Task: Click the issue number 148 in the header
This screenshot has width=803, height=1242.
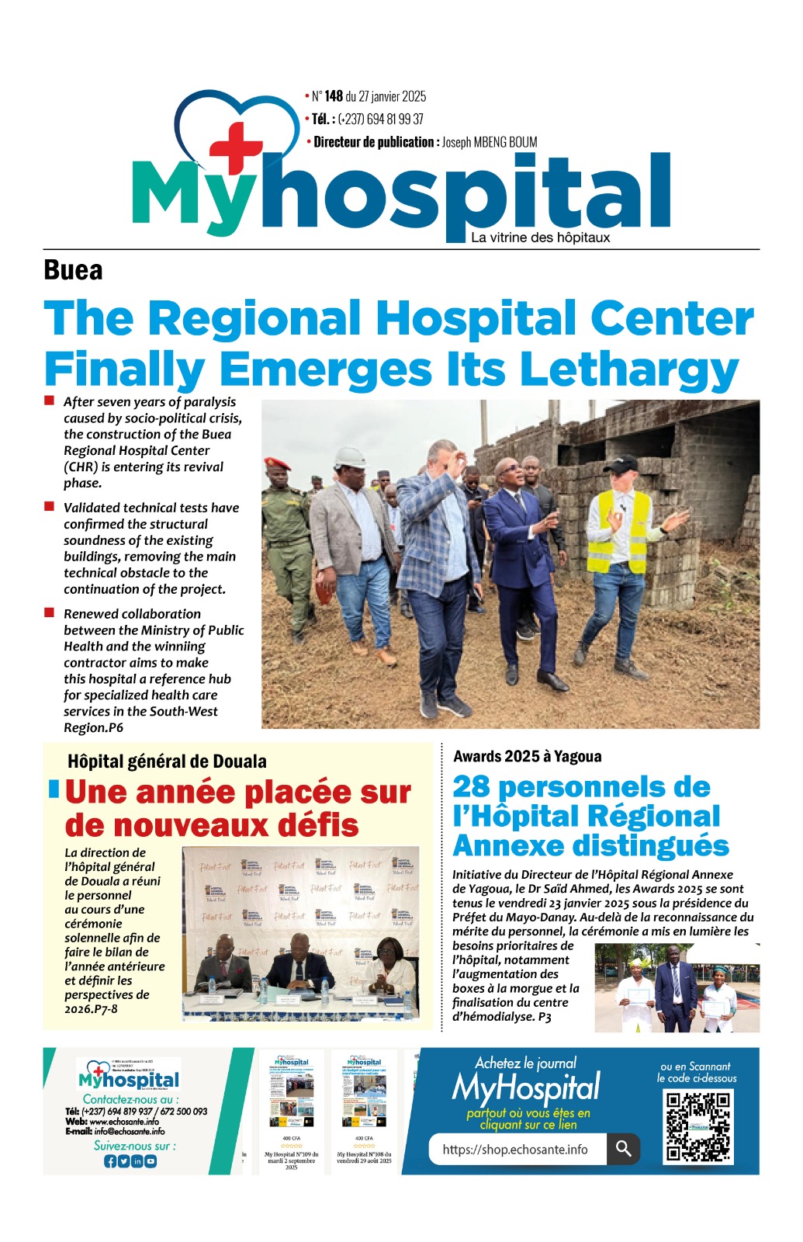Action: [x=334, y=96]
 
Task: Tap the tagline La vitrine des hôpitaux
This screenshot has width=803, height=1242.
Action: [x=540, y=238]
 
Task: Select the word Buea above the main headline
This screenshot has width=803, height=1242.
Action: [x=73, y=270]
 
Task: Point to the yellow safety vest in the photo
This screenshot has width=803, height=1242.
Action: [x=618, y=531]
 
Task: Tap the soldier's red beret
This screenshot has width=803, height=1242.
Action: [x=277, y=463]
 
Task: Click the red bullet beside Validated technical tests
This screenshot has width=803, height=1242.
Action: [x=49, y=506]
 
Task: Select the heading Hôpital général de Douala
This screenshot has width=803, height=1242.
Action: [x=167, y=762]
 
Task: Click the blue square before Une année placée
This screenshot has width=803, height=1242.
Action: [x=54, y=789]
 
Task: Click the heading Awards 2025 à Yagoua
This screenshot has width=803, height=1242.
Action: [x=527, y=756]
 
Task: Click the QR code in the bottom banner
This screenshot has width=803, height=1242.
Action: [x=697, y=1125]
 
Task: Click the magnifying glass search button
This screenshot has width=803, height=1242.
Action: [x=623, y=1148]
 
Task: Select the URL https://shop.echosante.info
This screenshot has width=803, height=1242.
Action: [x=515, y=1150]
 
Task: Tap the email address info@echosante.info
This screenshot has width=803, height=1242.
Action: [x=130, y=1131]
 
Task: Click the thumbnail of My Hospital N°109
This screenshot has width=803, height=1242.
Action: [x=291, y=1102]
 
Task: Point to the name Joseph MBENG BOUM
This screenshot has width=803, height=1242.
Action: [x=490, y=142]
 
